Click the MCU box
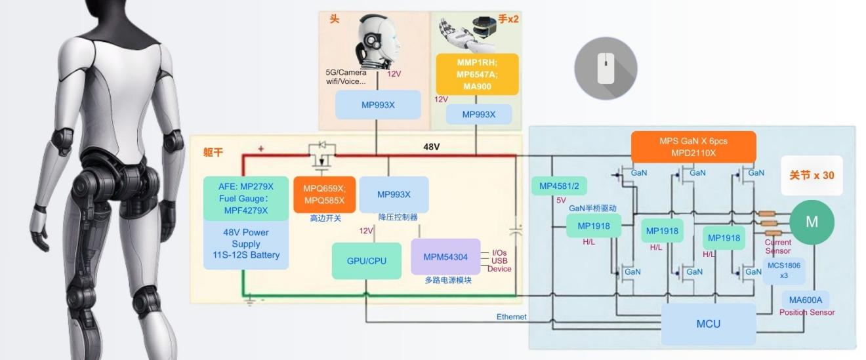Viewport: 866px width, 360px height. [708, 324]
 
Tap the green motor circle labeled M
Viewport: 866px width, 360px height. [812, 222]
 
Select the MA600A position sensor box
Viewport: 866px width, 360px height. [805, 300]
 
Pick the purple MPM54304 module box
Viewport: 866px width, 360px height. [445, 257]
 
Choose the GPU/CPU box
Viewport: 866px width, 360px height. [366, 261]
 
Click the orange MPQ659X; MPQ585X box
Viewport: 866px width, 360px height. [324, 194]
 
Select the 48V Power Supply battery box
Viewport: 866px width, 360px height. [246, 243]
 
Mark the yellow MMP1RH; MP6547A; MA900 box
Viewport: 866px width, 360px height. [477, 74]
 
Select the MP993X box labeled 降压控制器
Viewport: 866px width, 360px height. [394, 194]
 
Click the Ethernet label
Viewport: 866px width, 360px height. [511, 317]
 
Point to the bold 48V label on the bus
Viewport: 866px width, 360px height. [431, 146]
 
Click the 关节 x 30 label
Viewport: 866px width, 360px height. [812, 175]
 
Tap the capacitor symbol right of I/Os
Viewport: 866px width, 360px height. [517, 233]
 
